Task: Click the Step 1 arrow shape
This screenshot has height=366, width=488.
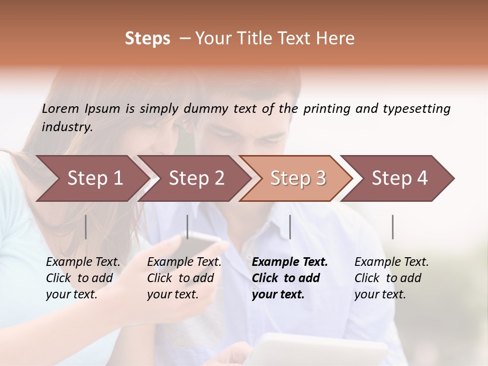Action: pyautogui.click(x=91, y=178)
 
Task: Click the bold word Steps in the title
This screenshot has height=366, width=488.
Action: pyautogui.click(x=147, y=39)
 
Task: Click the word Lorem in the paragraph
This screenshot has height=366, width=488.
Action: pyautogui.click(x=60, y=109)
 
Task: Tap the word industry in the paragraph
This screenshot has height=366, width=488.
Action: pyautogui.click(x=67, y=127)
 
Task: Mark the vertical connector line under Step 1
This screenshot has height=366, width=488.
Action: pyautogui.click(x=86, y=227)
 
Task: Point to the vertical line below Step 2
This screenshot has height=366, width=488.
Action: pyautogui.click(x=188, y=227)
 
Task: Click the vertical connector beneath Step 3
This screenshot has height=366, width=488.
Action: pyautogui.click(x=290, y=227)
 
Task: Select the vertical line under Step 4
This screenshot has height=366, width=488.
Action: pyautogui.click(x=393, y=227)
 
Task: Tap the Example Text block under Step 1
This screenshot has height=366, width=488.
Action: pyautogui.click(x=83, y=278)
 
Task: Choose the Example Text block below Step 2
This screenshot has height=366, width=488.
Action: pyautogui.click(x=184, y=278)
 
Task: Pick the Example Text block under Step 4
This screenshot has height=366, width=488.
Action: pyautogui.click(x=391, y=278)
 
